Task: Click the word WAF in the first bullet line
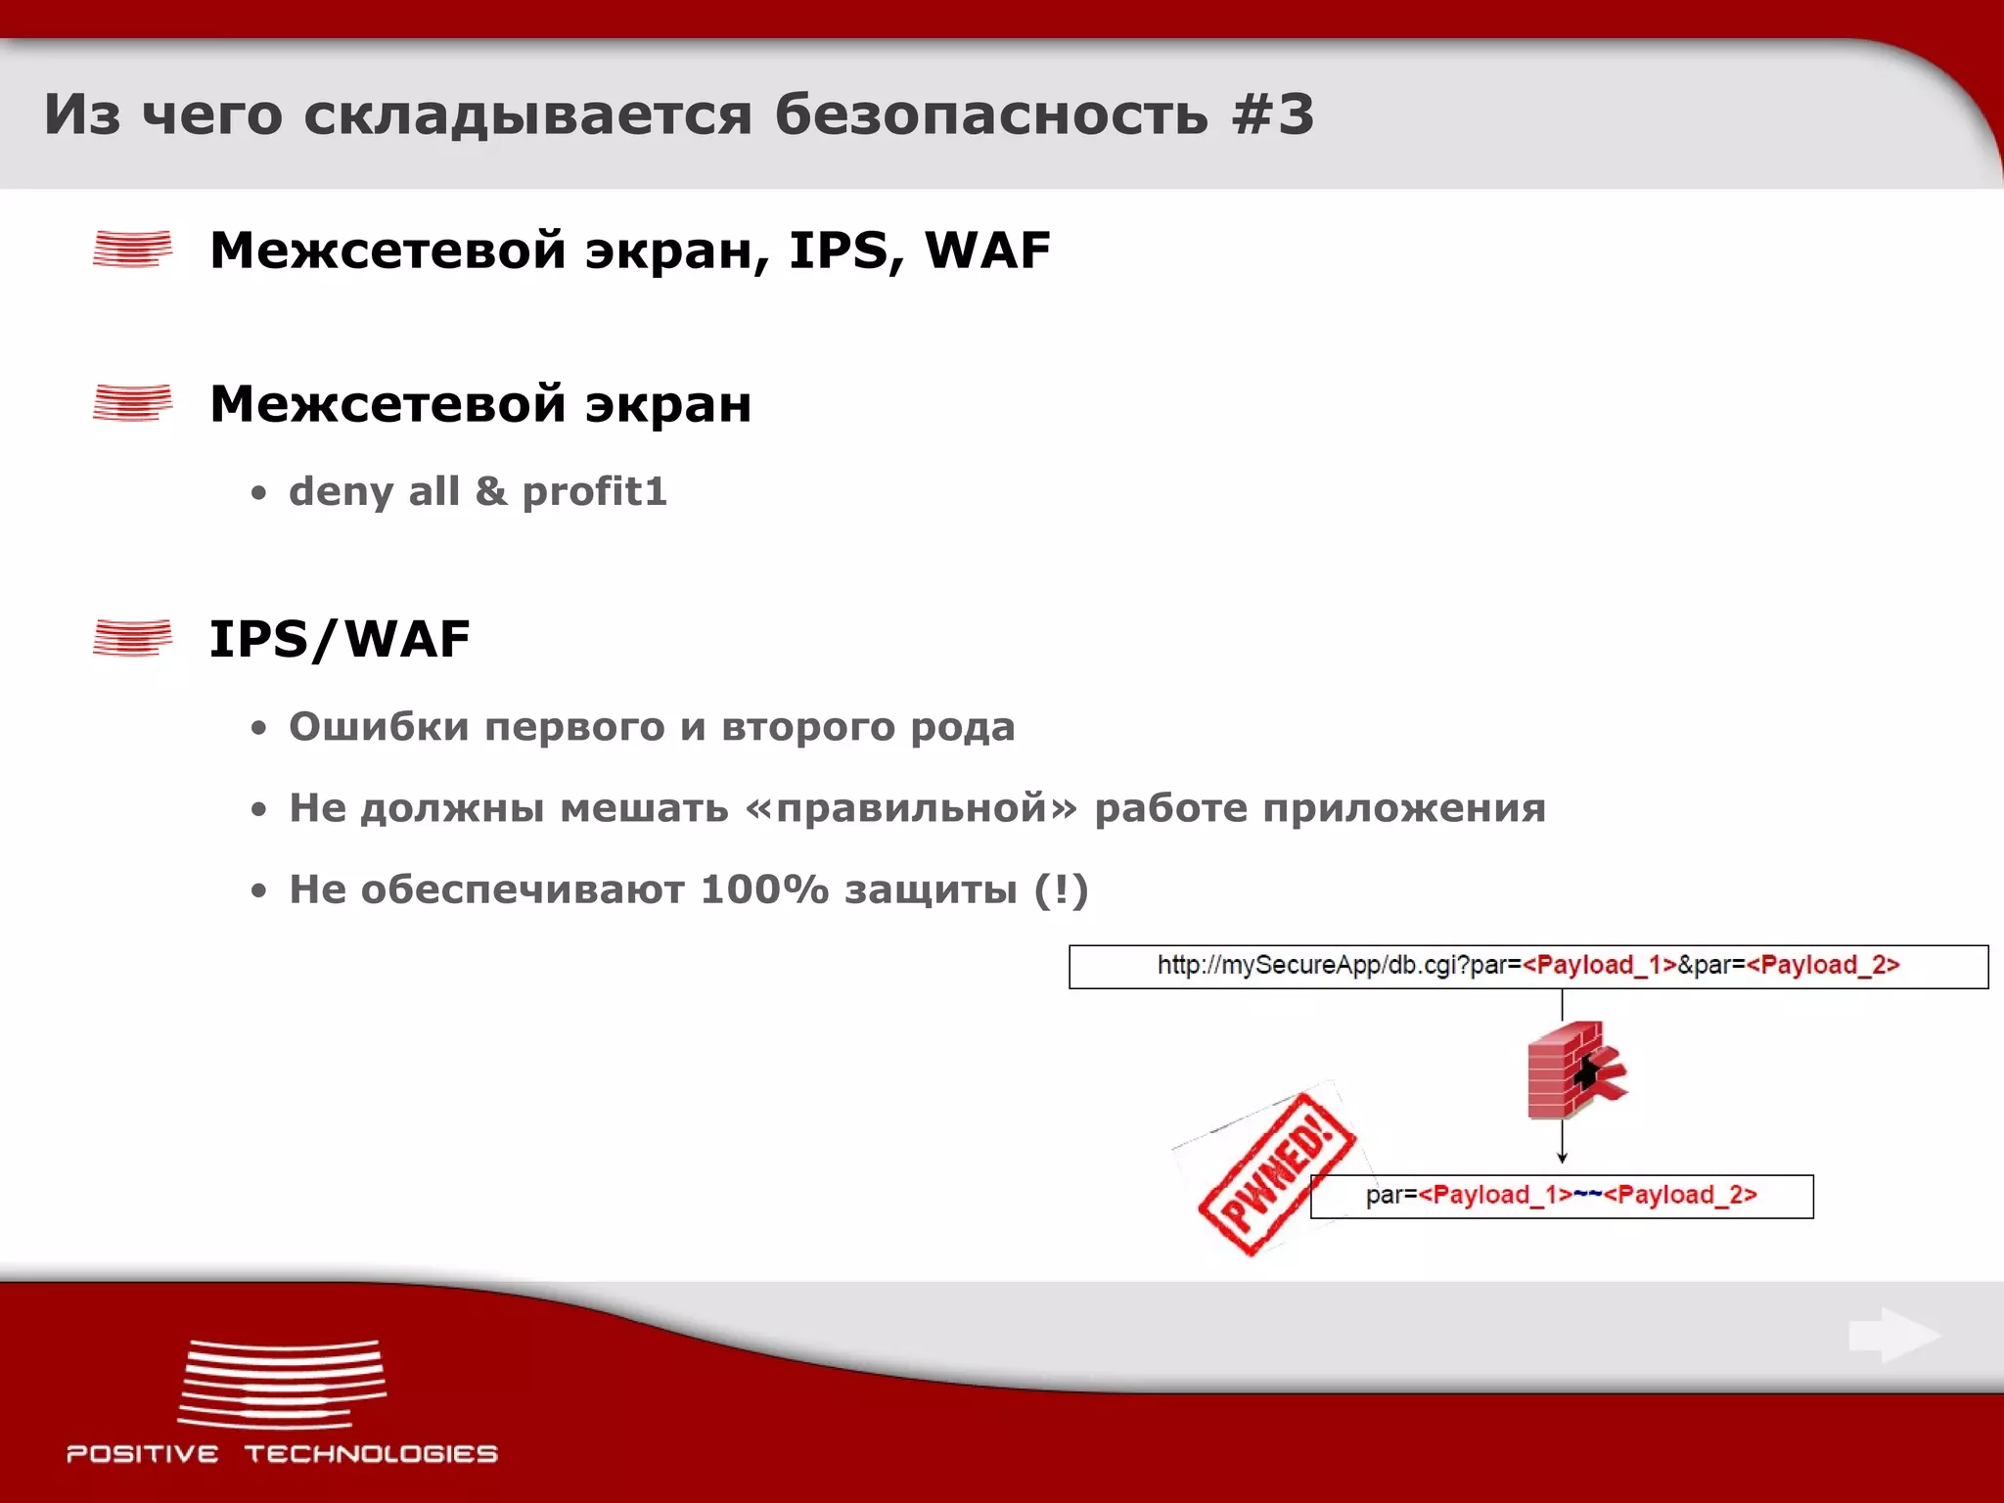coord(987,250)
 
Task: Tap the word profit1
coord(594,491)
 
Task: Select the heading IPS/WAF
coord(340,639)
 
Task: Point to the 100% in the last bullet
coord(764,889)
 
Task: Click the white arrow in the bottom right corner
coord(1893,1335)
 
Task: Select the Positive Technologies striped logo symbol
coord(282,1384)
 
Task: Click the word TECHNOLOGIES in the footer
coord(371,1454)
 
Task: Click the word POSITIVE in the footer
coord(143,1454)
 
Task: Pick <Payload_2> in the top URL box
coord(1822,966)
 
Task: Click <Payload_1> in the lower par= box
coord(1494,1195)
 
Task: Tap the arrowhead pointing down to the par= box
coord(1562,1157)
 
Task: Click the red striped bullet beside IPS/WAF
coord(132,638)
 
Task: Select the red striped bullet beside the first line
coord(132,249)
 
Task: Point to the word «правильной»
coord(911,808)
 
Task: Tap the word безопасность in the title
coord(991,114)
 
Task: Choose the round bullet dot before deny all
coord(258,493)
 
